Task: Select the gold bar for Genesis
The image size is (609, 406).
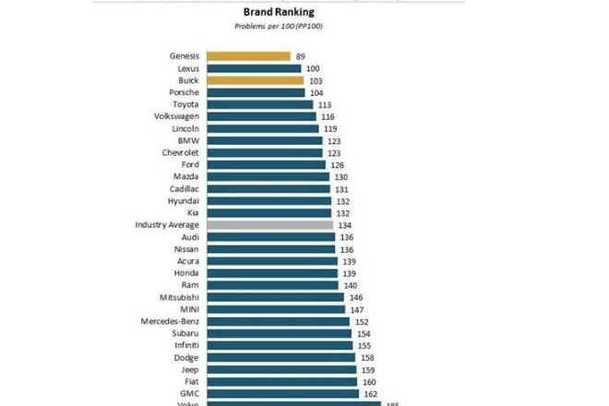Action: point(248,56)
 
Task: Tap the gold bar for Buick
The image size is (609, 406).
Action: point(255,80)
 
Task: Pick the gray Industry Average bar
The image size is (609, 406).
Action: point(269,224)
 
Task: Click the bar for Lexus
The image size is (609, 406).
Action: point(254,68)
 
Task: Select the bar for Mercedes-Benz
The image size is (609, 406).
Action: point(278,321)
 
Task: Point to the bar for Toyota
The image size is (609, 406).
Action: point(259,104)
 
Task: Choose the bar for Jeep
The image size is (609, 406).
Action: point(281,369)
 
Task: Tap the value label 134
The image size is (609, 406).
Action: point(345,224)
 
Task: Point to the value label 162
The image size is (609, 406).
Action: point(372,393)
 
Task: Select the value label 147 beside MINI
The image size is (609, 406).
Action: point(357,309)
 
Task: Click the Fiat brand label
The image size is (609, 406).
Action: point(190,381)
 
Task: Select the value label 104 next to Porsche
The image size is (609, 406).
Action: point(316,92)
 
